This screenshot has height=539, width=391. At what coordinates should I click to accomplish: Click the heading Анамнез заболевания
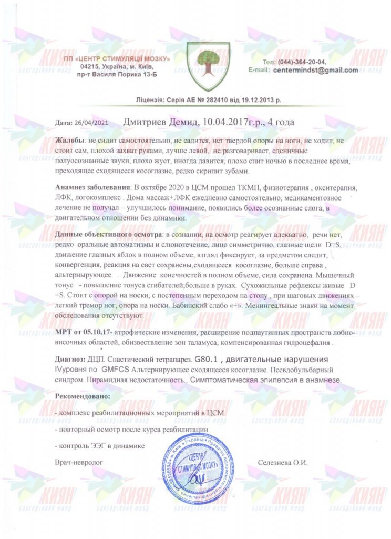tap(92, 187)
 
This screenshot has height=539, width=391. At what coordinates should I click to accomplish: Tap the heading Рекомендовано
tap(83, 395)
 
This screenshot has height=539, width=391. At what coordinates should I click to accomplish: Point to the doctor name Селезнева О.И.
tap(282, 462)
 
